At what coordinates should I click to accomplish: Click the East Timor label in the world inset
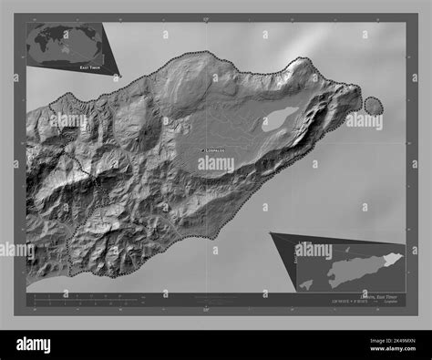[90, 67]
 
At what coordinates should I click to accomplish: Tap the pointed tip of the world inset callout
[119, 74]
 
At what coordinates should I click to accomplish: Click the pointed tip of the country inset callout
[271, 234]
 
